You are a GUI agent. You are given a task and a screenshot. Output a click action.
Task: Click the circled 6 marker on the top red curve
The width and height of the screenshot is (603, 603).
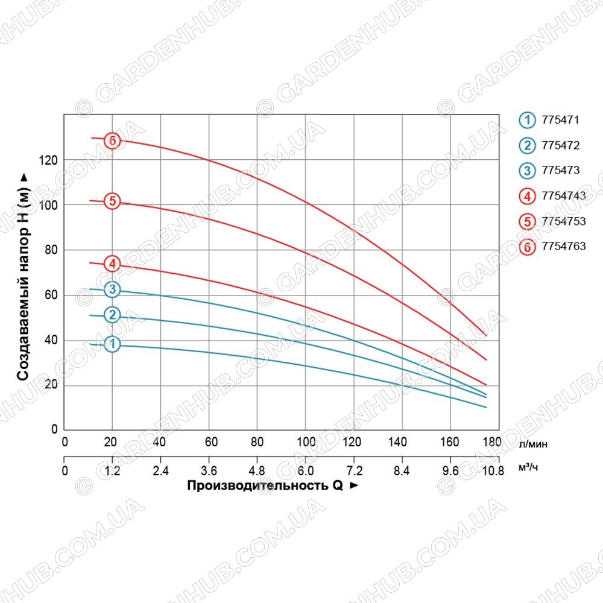click(112, 140)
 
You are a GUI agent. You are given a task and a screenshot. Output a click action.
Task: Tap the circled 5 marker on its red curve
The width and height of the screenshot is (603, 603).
click(112, 201)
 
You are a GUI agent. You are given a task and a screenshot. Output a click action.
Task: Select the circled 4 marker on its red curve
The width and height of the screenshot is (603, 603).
click(112, 264)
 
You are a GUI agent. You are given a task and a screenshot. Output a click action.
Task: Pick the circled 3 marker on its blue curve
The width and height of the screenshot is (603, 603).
click(112, 289)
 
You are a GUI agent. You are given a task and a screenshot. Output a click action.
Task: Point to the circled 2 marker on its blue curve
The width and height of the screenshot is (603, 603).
click(112, 315)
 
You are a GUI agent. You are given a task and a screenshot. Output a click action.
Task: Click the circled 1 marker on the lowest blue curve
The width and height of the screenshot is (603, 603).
click(112, 344)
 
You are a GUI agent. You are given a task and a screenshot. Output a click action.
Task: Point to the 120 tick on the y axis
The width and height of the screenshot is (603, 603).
click(48, 160)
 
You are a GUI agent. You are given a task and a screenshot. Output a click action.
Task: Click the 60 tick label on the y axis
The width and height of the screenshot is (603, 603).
click(51, 295)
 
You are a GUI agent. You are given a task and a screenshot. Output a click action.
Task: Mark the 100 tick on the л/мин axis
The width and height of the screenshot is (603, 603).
click(306, 442)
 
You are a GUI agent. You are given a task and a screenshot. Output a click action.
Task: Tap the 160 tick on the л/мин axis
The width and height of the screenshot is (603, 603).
click(450, 442)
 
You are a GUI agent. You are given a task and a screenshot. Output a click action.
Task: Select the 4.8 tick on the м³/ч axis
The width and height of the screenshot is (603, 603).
click(257, 471)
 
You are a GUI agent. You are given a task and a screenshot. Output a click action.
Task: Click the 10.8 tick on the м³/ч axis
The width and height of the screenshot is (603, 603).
click(493, 471)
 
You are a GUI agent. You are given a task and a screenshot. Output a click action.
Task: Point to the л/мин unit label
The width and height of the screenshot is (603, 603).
click(533, 444)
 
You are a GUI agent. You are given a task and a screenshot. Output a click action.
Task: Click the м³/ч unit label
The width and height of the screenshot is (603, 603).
click(528, 467)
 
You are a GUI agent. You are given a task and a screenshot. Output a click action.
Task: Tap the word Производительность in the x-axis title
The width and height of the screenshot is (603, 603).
click(257, 485)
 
